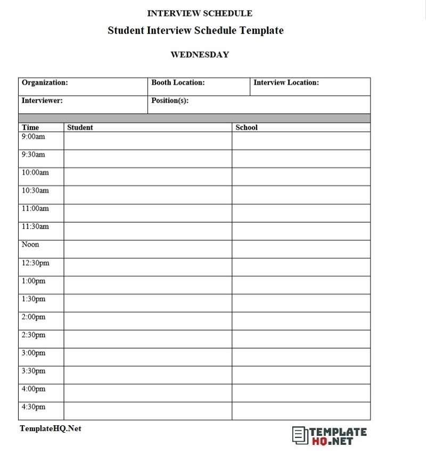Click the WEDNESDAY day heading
200,54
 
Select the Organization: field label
45,83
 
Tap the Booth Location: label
178,83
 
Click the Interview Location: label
286,83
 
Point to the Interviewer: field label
42,100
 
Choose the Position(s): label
170,100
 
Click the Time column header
30,128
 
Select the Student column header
80,128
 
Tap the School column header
247,128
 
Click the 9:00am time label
34,137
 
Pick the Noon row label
30,245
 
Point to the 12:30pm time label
35,263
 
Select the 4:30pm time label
34,407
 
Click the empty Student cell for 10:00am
148,177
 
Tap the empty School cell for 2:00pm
301,321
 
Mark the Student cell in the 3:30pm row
148,375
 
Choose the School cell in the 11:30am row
301,231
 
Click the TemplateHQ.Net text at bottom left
51,428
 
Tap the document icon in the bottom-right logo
300,435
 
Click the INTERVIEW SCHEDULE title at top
200,13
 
